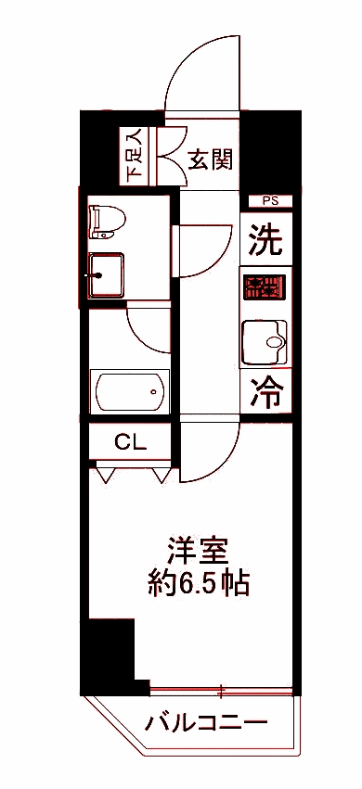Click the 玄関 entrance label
tap(212, 159)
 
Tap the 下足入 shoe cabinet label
tap(136, 155)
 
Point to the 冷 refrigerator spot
tap(266, 394)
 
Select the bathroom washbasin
tap(106, 274)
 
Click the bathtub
tap(129, 393)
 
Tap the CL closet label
tap(130, 442)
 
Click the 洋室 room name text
tap(198, 551)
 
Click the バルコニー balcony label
tap(207, 721)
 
